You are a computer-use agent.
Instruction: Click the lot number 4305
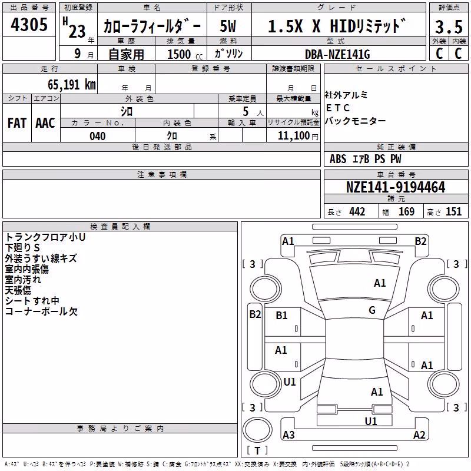point(29,25)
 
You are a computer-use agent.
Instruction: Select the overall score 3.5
point(449,27)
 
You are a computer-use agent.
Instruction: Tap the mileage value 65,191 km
point(71,85)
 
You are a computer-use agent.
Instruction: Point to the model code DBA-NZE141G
point(337,54)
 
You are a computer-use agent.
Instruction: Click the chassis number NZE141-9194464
point(396,187)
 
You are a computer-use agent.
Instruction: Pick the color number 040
point(98,136)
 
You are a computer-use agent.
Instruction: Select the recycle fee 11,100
point(294,136)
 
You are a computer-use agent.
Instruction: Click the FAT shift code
point(17,123)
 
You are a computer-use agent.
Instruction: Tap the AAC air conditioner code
point(45,123)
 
